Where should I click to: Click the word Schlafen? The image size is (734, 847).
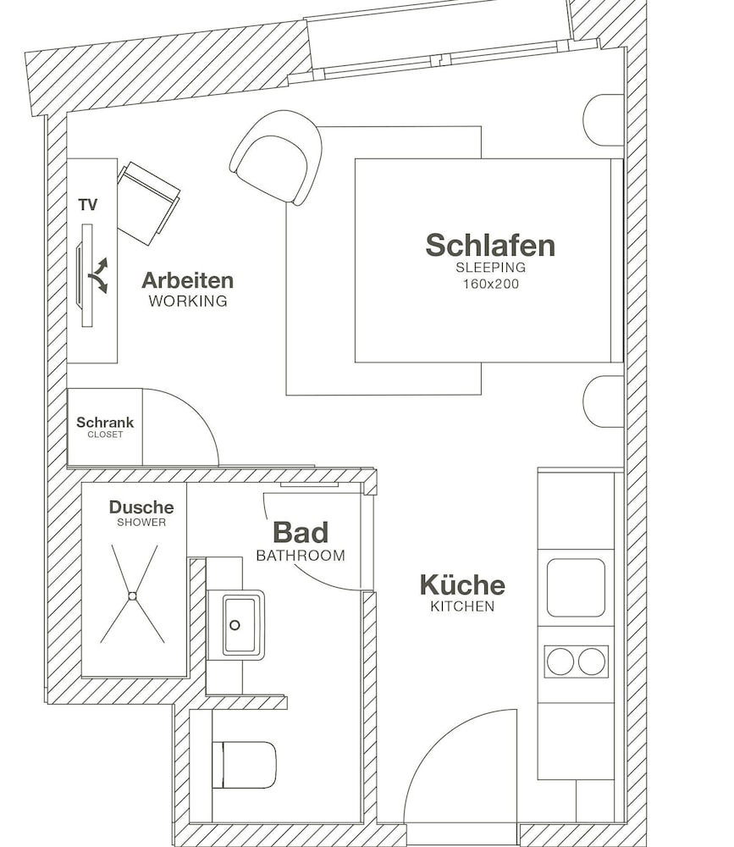pyautogui.click(x=490, y=246)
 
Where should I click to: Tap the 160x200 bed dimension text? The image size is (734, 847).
pyautogui.click(x=490, y=284)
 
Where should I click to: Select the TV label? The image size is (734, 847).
pyautogui.click(x=88, y=205)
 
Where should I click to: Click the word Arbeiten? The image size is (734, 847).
pyautogui.click(x=187, y=280)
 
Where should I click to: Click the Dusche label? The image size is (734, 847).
pyautogui.click(x=141, y=507)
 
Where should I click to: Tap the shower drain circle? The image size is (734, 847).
pyautogui.click(x=132, y=595)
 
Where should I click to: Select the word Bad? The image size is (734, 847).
pyautogui.click(x=301, y=533)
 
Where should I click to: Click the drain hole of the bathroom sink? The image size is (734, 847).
pyautogui.click(x=235, y=625)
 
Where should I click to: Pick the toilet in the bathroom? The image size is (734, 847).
pyautogui.click(x=244, y=765)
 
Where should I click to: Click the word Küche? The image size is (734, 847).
pyautogui.click(x=462, y=585)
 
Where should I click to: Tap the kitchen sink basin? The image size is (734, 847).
pyautogui.click(x=576, y=588)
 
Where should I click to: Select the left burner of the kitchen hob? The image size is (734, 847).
pyautogui.click(x=560, y=662)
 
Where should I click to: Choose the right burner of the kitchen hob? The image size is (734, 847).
pyautogui.click(x=592, y=662)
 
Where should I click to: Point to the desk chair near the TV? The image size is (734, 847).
pyautogui.click(x=148, y=203)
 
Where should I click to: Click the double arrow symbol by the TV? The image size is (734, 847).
pyautogui.click(x=98, y=275)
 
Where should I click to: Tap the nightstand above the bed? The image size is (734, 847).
pyautogui.click(x=604, y=120)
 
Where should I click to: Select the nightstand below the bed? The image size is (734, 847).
pyautogui.click(x=604, y=401)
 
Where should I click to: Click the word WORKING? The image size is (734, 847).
pyautogui.click(x=188, y=301)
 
